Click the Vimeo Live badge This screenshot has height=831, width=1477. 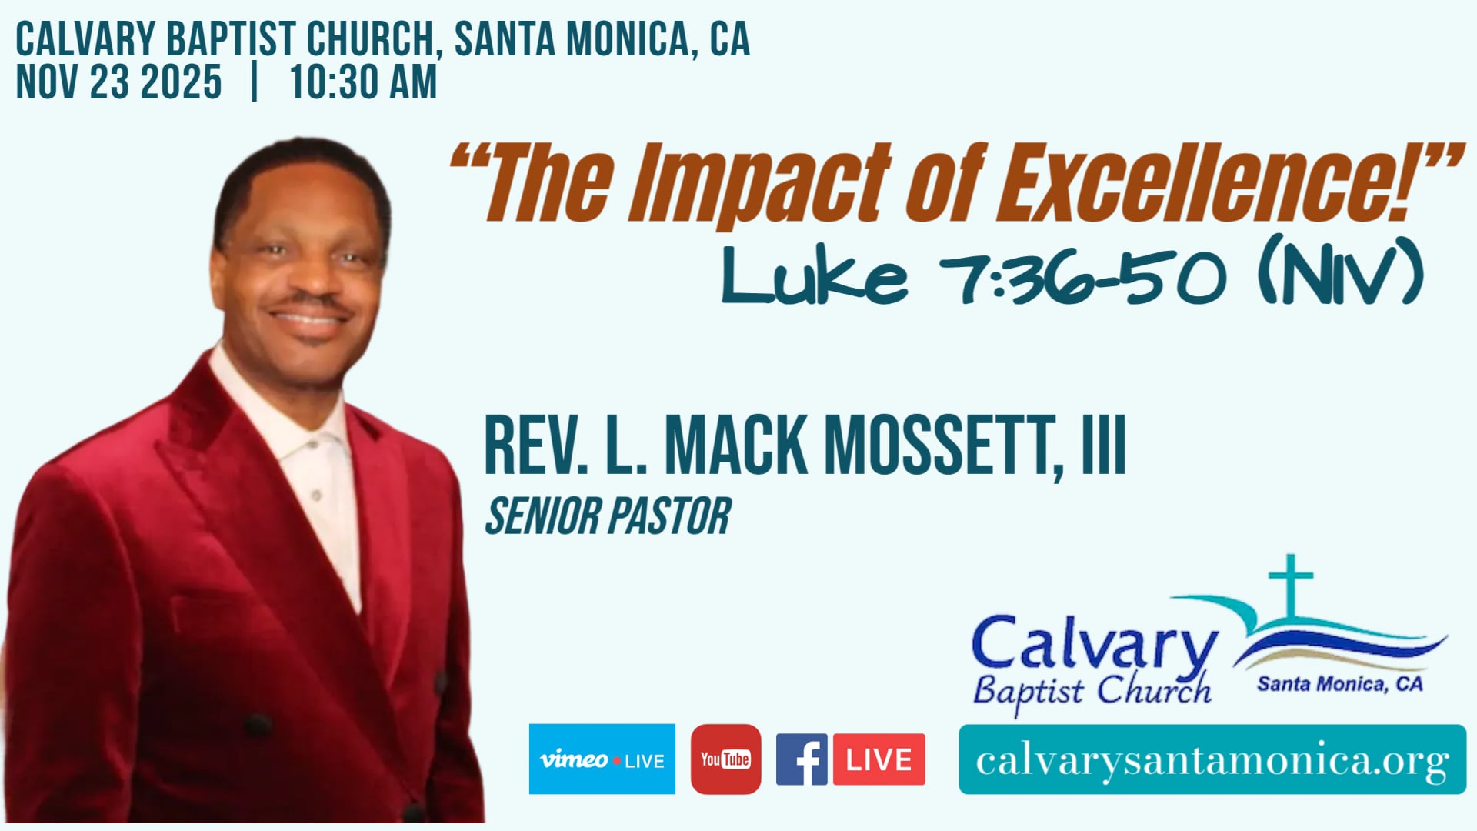(602, 759)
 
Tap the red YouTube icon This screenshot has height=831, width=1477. (725, 759)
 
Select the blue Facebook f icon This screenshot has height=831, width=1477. (801, 759)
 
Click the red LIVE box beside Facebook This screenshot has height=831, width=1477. (879, 759)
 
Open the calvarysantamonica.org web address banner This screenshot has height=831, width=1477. (1212, 759)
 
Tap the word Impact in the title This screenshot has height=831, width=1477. (758, 185)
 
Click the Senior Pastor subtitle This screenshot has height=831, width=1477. (608, 516)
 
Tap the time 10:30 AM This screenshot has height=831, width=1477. (363, 82)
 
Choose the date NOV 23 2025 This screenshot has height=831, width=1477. (119, 82)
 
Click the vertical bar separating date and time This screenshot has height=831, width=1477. (255, 82)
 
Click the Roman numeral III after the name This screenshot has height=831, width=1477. (1104, 446)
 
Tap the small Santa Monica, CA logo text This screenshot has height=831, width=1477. (1339, 684)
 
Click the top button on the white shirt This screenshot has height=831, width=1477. (312, 444)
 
